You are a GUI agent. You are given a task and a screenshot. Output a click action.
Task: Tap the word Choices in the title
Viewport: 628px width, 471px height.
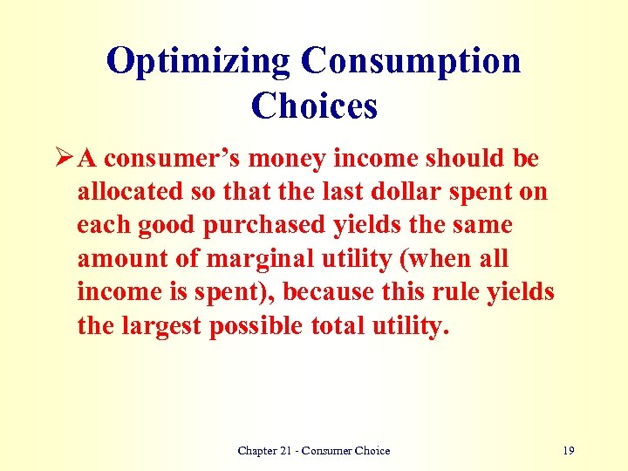coord(314,106)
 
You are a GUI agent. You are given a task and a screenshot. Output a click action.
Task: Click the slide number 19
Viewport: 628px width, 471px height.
coord(569,451)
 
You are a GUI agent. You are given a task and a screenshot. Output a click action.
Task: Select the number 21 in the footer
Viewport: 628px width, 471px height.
coord(289,451)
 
